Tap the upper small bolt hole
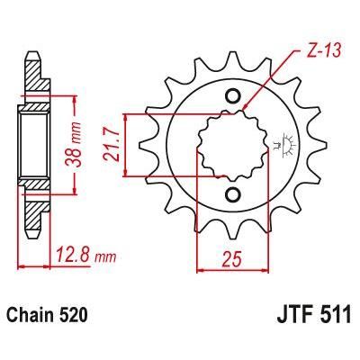(x=232, y=97)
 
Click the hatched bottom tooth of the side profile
(x=33, y=211)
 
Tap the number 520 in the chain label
(x=76, y=318)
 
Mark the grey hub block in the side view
(x=33, y=145)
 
